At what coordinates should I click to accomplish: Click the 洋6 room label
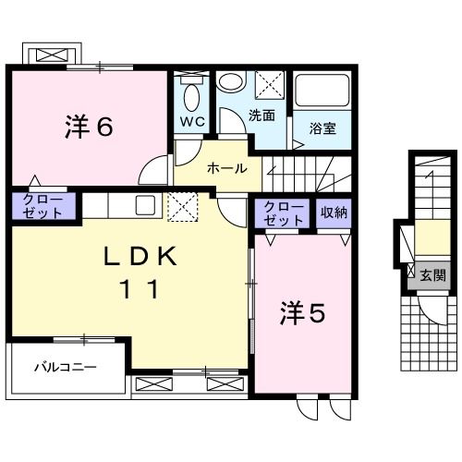point(89,128)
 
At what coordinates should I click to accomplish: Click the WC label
point(192,121)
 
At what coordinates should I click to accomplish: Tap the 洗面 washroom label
point(261,115)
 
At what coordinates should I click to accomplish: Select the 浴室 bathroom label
point(322,128)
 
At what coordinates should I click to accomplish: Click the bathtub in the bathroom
point(320,93)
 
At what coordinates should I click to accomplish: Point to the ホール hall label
point(226,168)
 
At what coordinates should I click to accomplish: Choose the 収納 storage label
point(334,213)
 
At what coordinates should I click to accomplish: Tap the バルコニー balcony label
point(66,367)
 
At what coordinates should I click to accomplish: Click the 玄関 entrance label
point(432,274)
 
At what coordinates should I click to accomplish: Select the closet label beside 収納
point(284,213)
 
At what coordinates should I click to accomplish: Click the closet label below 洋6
point(38,206)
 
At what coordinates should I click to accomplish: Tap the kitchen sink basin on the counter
point(146,204)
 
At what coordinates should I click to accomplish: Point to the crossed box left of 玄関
point(410,273)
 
